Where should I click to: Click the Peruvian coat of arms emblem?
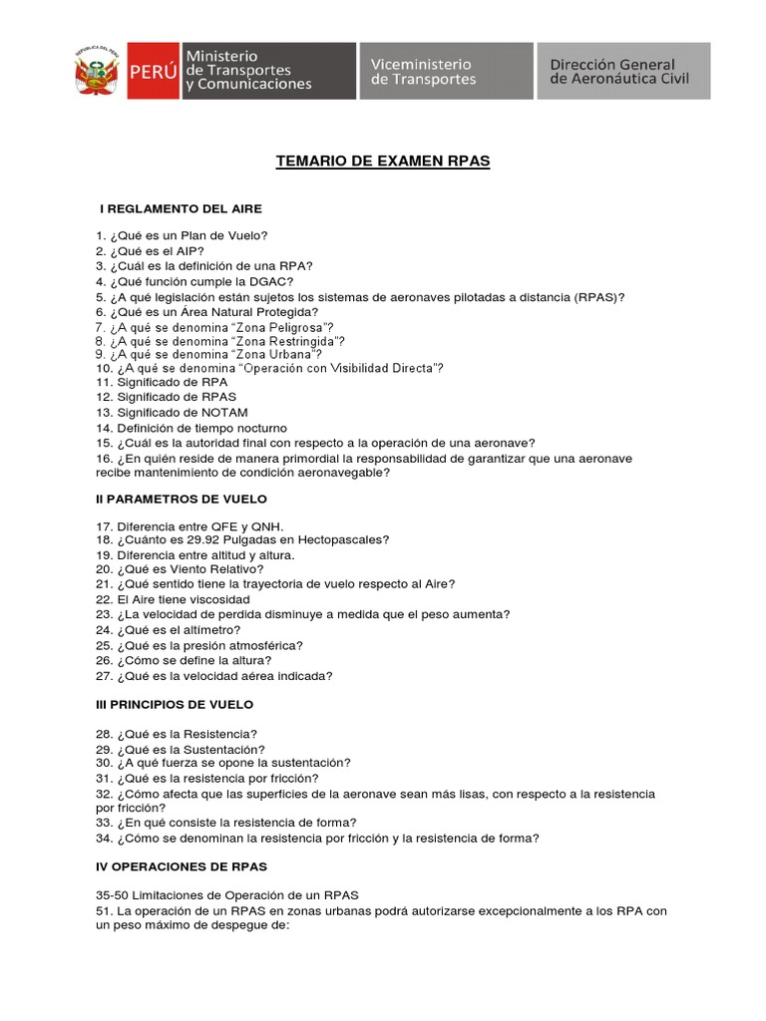[x=96, y=71]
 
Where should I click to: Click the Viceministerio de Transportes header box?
[x=446, y=71]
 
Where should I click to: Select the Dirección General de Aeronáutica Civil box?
[x=623, y=71]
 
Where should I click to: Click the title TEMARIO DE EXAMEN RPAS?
[x=382, y=161]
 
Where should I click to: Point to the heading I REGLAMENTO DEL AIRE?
[x=181, y=209]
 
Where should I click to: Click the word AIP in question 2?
[x=187, y=251]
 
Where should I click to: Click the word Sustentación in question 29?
[x=225, y=749]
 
